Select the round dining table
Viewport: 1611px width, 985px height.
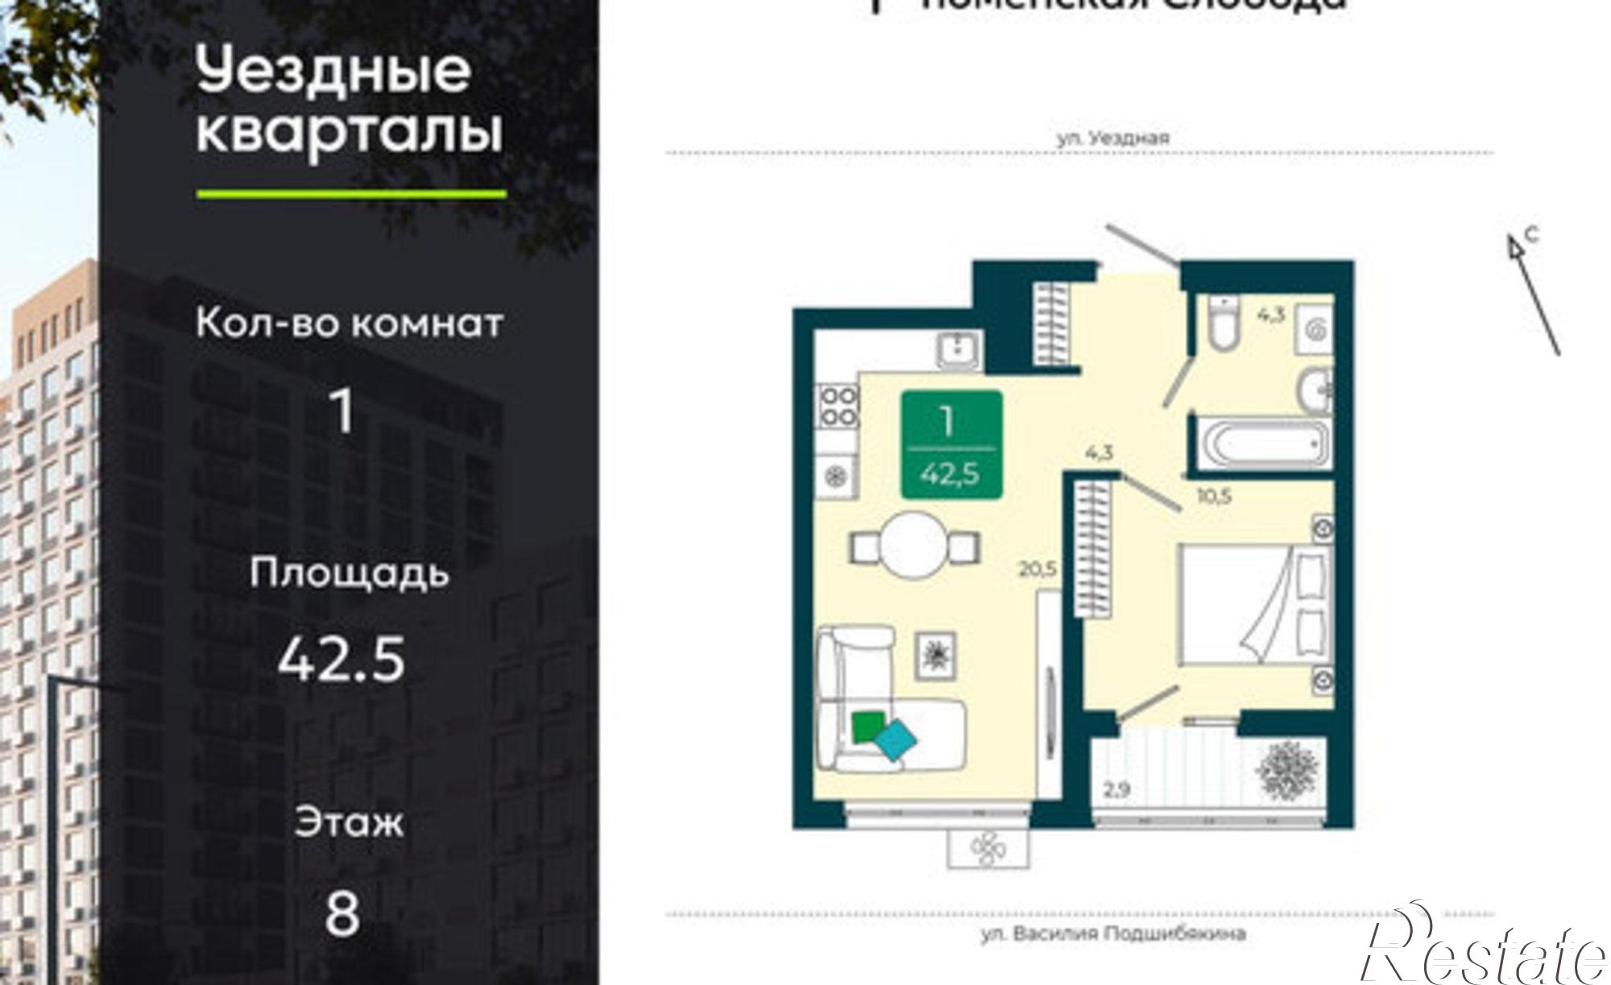tap(914, 547)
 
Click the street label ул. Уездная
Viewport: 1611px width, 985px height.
tap(1112, 139)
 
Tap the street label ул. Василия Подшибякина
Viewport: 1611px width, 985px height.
tap(1113, 934)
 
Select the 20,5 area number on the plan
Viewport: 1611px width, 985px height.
tap(1037, 569)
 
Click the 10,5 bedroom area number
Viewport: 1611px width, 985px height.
tap(1214, 496)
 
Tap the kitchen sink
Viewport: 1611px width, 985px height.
tap(958, 350)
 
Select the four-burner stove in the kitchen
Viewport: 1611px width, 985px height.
tap(838, 407)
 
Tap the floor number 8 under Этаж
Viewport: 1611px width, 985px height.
tap(342, 913)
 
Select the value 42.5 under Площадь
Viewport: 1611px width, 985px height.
tap(341, 660)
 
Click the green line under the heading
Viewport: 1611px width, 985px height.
tap(351, 194)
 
